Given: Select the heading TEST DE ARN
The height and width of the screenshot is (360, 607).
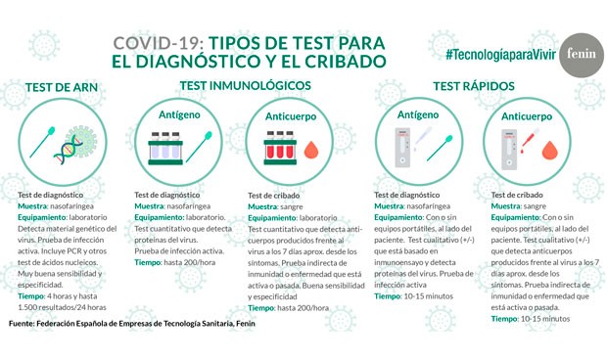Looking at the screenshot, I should (63, 86).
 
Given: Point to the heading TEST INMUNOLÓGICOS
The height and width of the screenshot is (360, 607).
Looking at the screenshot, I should (245, 85).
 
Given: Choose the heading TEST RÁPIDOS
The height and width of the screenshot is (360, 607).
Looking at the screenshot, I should (474, 85).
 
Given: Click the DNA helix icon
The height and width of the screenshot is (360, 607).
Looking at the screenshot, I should (70, 150).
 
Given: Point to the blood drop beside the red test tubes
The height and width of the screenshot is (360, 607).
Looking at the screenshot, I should (313, 153).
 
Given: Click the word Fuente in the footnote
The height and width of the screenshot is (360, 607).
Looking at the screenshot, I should (25, 322).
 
